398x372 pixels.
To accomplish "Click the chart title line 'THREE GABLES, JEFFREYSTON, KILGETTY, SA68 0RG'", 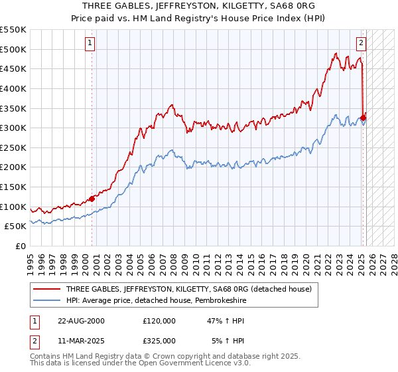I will point(198,7).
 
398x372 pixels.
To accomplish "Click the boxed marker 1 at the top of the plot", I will point(90,44).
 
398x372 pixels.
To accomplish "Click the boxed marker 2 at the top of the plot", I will point(361,44).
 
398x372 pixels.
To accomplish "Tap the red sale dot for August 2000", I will point(92,198).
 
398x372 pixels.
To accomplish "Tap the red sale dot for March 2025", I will point(364,118).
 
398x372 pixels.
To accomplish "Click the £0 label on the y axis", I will point(21,246).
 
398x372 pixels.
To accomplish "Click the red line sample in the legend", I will point(47,289).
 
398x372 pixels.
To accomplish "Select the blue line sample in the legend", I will point(47,301).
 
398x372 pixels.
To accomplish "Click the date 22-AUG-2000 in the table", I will point(81,320).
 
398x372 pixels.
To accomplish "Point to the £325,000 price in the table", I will point(159,340).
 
